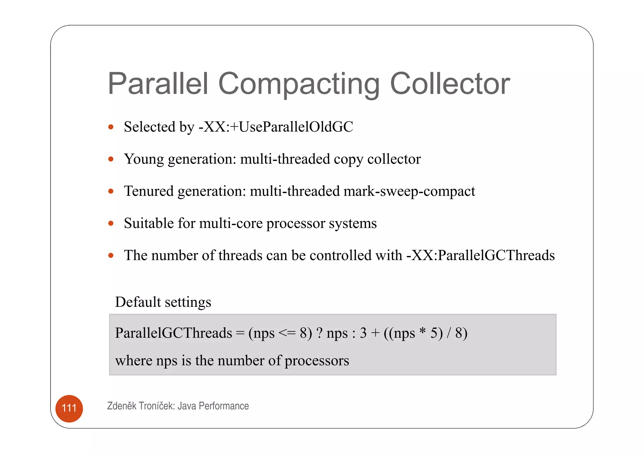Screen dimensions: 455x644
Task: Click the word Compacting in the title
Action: (x=299, y=84)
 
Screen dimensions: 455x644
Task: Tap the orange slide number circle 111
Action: (x=69, y=408)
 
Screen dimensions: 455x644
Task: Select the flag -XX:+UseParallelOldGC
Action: (x=276, y=127)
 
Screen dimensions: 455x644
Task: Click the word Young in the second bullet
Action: (x=144, y=159)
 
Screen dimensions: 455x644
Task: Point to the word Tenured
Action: (x=149, y=191)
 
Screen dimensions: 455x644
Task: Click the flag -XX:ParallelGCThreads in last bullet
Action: (x=480, y=255)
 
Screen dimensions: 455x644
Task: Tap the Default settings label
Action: (x=163, y=302)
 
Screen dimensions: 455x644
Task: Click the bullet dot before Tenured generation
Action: (x=111, y=191)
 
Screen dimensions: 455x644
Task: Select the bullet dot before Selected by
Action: (x=111, y=127)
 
